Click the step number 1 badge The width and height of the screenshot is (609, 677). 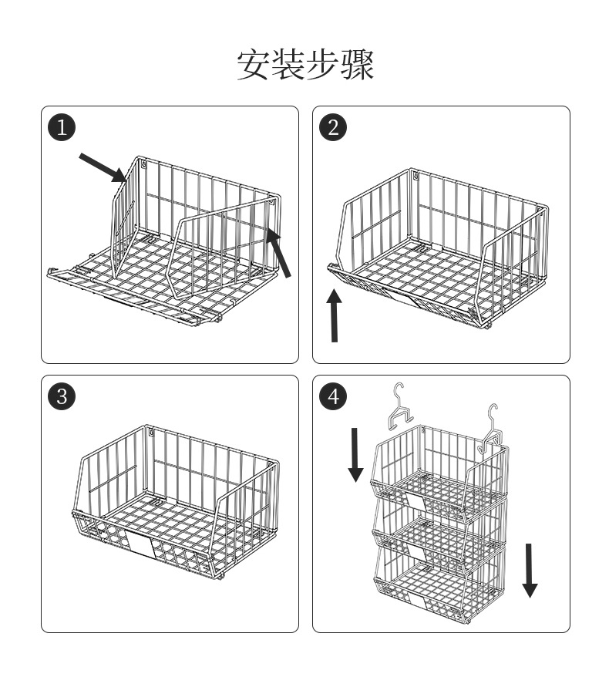click(62, 127)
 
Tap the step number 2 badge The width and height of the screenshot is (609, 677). click(333, 127)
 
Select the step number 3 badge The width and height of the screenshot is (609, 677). click(62, 396)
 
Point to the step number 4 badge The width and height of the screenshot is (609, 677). click(333, 396)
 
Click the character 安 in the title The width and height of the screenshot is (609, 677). click(252, 66)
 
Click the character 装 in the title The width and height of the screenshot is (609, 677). click(288, 66)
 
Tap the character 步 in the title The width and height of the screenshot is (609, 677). click(322, 66)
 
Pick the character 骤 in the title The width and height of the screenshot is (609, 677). click(358, 66)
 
